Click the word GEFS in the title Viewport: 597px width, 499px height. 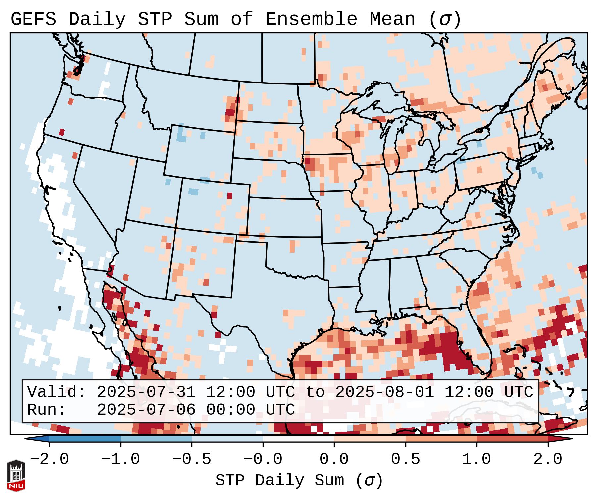pos(33,19)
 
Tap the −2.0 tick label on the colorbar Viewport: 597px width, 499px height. pos(49,459)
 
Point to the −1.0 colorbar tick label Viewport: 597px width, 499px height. pos(121,459)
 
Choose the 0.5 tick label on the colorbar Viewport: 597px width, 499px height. pos(405,459)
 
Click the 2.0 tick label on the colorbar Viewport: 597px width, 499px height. pos(548,459)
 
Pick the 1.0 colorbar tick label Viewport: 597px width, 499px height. pos(477,459)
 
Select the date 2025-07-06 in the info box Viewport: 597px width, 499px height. pos(146,410)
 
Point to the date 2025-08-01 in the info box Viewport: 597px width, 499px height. pos(384,392)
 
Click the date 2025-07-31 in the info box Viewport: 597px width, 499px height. pos(146,392)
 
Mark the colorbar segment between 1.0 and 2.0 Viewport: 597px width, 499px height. pos(512,439)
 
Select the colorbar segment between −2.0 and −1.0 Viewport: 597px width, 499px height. pos(85,439)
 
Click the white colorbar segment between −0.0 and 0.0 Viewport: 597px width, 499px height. pos(298,439)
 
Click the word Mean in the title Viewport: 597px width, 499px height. pos(392,19)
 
